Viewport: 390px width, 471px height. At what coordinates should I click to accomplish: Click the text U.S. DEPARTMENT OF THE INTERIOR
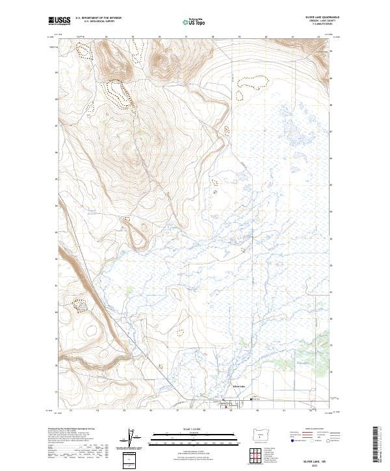click(x=98, y=18)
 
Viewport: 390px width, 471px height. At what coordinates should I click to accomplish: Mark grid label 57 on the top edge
click(x=186, y=36)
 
